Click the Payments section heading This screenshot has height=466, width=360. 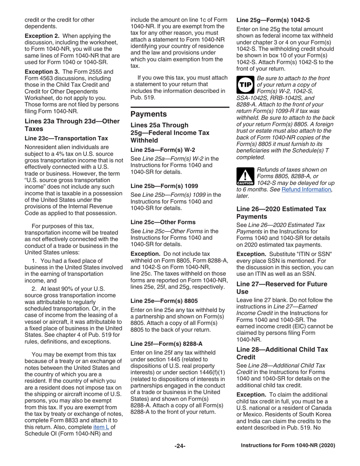pyautogui.click(x=149, y=114)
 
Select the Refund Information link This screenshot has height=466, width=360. pyautogui.click(x=306, y=189)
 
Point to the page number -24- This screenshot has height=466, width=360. pyautogui.click(x=180, y=446)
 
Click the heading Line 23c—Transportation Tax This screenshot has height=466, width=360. pyautogui.click(x=66, y=138)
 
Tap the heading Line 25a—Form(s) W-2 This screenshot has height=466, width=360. pyautogui.click(x=161, y=150)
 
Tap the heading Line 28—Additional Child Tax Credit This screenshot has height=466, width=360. pyautogui.click(x=282, y=353)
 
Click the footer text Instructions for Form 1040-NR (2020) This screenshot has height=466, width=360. pyautogui.click(x=288, y=446)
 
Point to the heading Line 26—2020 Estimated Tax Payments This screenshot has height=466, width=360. pyautogui.click(x=281, y=213)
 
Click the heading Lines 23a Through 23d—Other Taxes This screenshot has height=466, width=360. pyautogui.click(x=72, y=125)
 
